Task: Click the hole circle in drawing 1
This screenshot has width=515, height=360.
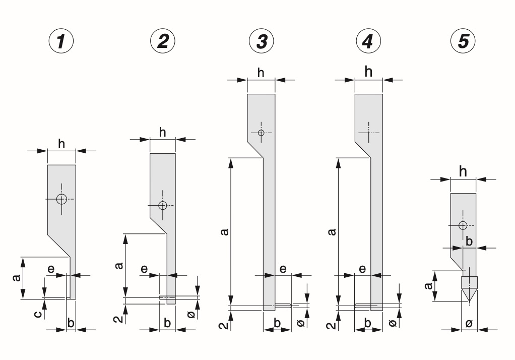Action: pyautogui.click(x=61, y=199)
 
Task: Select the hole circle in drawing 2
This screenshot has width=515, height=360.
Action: pyautogui.click(x=162, y=205)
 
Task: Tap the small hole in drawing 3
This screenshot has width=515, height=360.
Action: pyautogui.click(x=261, y=133)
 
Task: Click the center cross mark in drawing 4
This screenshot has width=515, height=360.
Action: pyautogui.click(x=368, y=133)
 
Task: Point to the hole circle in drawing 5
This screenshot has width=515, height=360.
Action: pyautogui.click(x=463, y=225)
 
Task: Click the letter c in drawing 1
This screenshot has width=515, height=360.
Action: pyautogui.click(x=36, y=315)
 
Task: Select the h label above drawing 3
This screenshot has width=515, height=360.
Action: pyautogui.click(x=261, y=73)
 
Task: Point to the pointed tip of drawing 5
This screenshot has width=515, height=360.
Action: pyautogui.click(x=469, y=303)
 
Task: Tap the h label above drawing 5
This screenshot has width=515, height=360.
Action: pyautogui.click(x=463, y=172)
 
